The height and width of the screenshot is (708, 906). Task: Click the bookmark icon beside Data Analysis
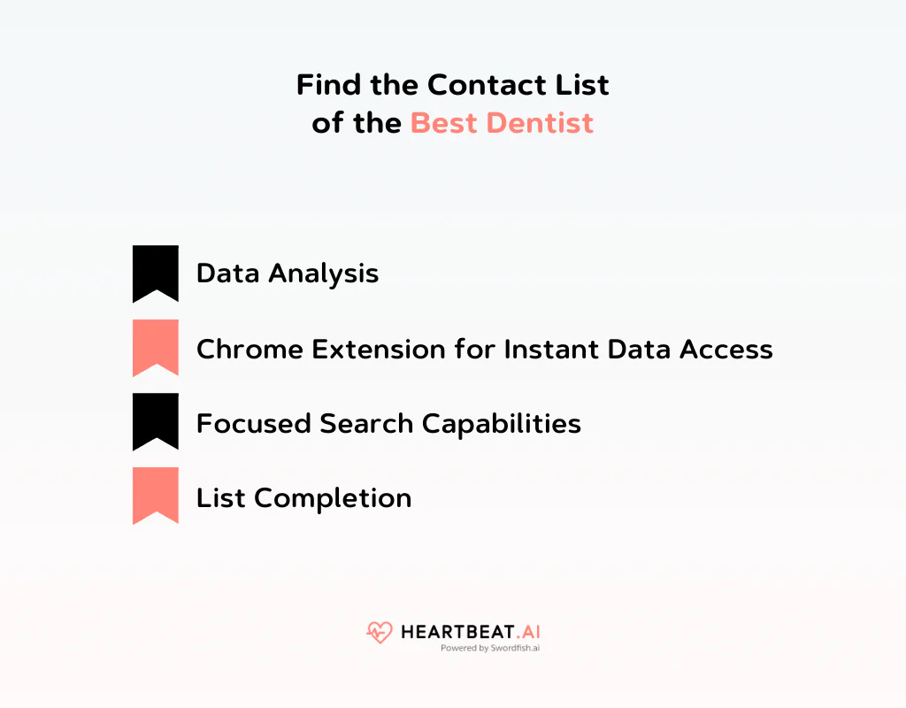coord(156,273)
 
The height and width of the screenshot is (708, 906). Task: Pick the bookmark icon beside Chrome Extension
coord(156,348)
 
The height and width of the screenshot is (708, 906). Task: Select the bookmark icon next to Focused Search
coord(156,421)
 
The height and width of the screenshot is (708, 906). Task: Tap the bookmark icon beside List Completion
coord(156,496)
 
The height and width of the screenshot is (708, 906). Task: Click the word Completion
coord(333,498)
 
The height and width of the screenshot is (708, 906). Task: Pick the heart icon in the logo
coord(379,633)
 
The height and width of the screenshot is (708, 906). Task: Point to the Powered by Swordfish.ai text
coord(490,648)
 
